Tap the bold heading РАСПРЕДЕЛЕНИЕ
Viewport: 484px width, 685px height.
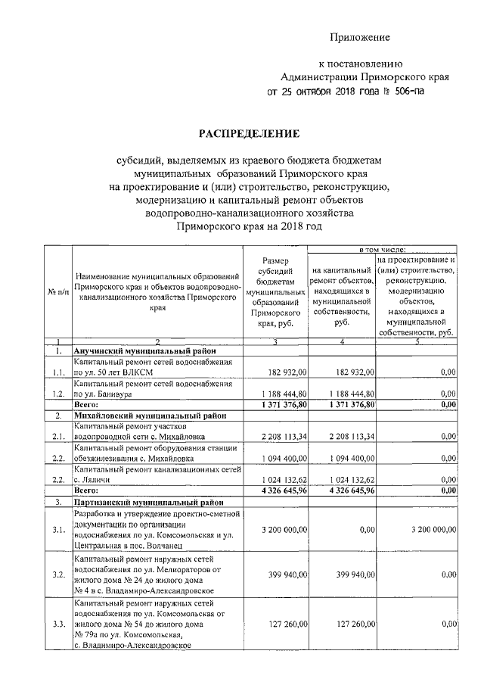point(249,134)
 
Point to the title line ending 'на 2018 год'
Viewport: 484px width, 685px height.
point(249,226)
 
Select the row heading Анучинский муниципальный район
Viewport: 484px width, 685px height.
point(144,351)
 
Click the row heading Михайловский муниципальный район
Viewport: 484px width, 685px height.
point(149,416)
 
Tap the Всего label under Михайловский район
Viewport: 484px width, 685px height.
point(87,490)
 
